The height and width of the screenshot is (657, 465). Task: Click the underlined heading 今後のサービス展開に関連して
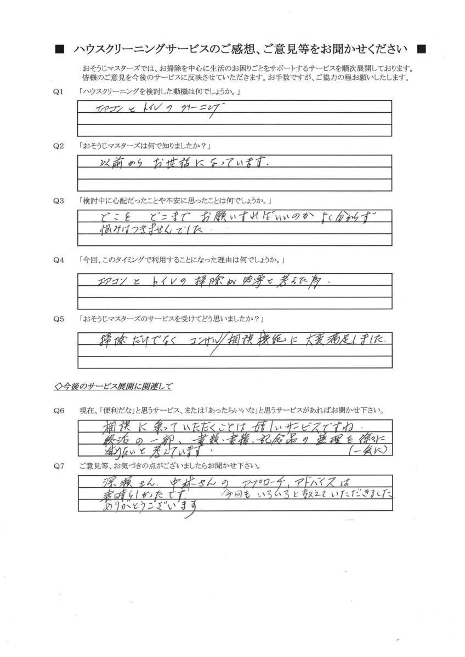[x=114, y=387]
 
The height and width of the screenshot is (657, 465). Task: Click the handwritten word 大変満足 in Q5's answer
[x=342, y=339]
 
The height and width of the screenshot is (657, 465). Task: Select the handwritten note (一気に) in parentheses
[x=368, y=451]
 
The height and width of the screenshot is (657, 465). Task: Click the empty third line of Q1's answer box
[x=235, y=130]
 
